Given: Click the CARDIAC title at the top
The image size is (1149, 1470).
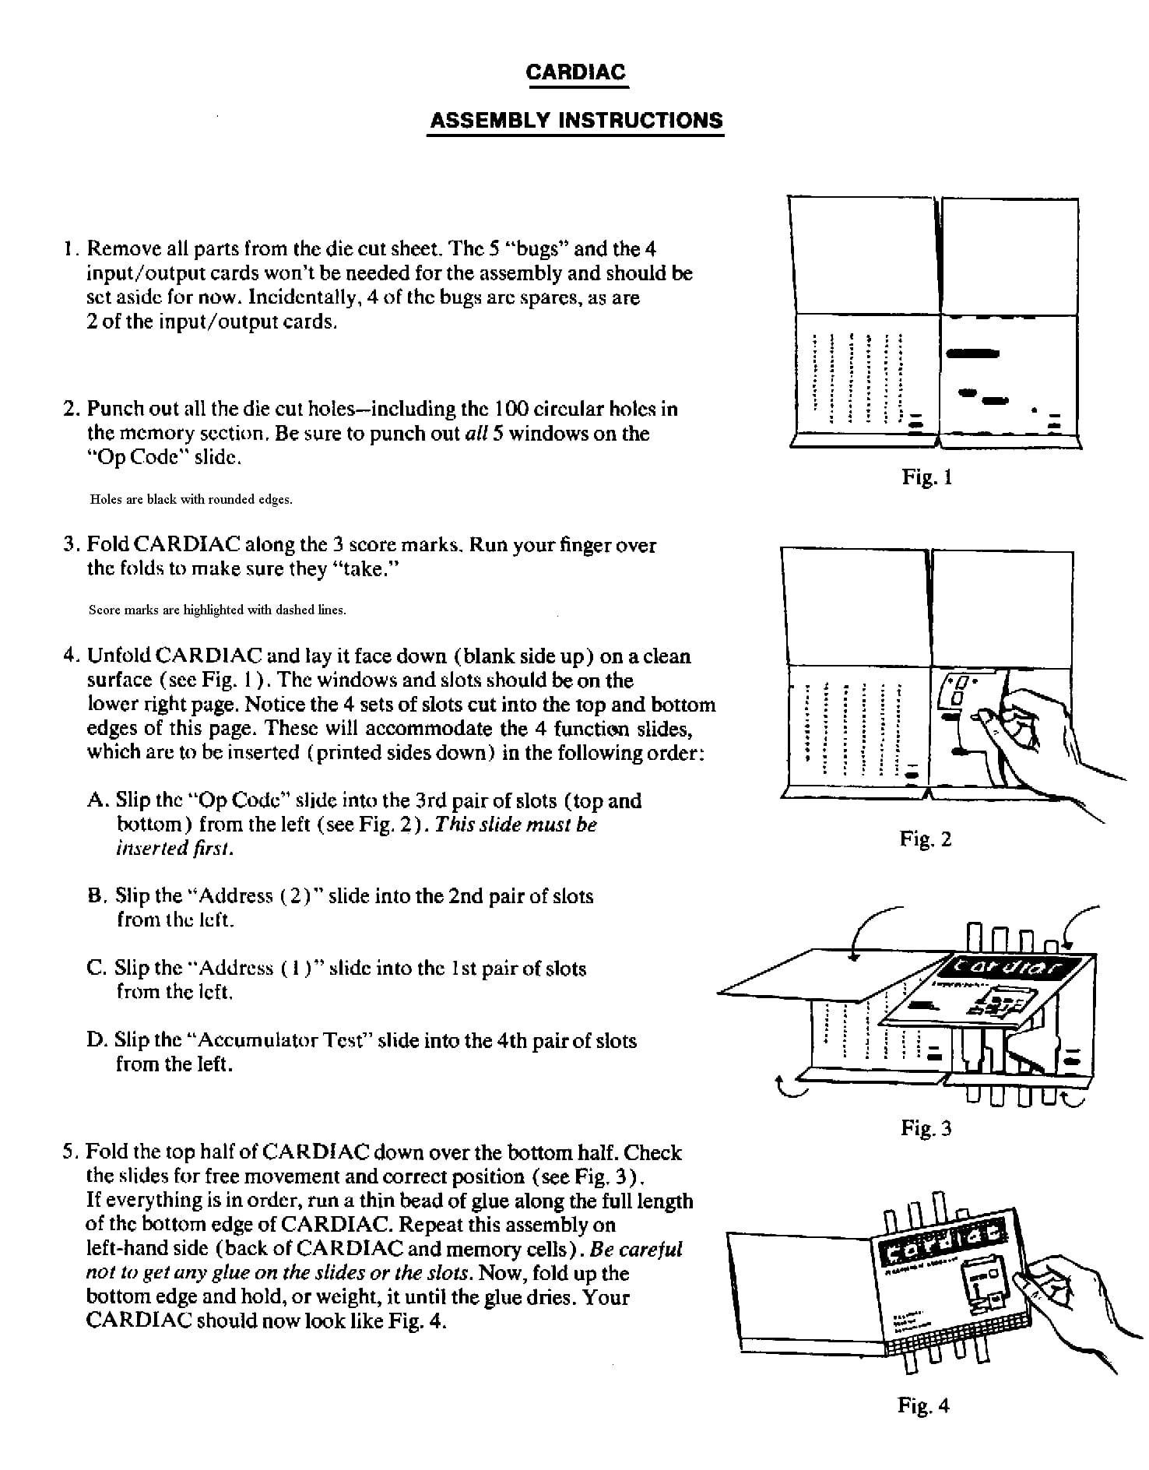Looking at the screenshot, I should coord(575,72).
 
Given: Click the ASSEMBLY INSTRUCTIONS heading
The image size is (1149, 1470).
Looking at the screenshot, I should coord(575,121).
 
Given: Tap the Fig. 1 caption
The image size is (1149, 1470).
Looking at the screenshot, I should coord(926,477).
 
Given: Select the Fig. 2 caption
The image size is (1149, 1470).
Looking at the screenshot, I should coord(925,839).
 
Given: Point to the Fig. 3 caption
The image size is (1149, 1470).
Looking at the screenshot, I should coord(926,1127).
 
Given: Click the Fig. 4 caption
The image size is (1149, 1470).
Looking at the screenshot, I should coord(923,1405).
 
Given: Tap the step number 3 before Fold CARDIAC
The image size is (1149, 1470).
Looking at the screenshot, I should coord(69,544).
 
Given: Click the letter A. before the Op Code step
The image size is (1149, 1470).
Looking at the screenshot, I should coord(96,800).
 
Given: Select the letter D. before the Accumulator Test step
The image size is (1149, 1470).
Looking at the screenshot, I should coord(97,1040).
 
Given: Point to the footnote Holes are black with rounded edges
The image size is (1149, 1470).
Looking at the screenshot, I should coord(191,500).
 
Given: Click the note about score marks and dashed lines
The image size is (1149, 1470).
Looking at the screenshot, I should coord(217,610).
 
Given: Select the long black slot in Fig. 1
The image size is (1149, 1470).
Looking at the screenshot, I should coord(972,353).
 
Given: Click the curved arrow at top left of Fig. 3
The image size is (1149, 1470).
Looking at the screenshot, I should coord(872,927).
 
